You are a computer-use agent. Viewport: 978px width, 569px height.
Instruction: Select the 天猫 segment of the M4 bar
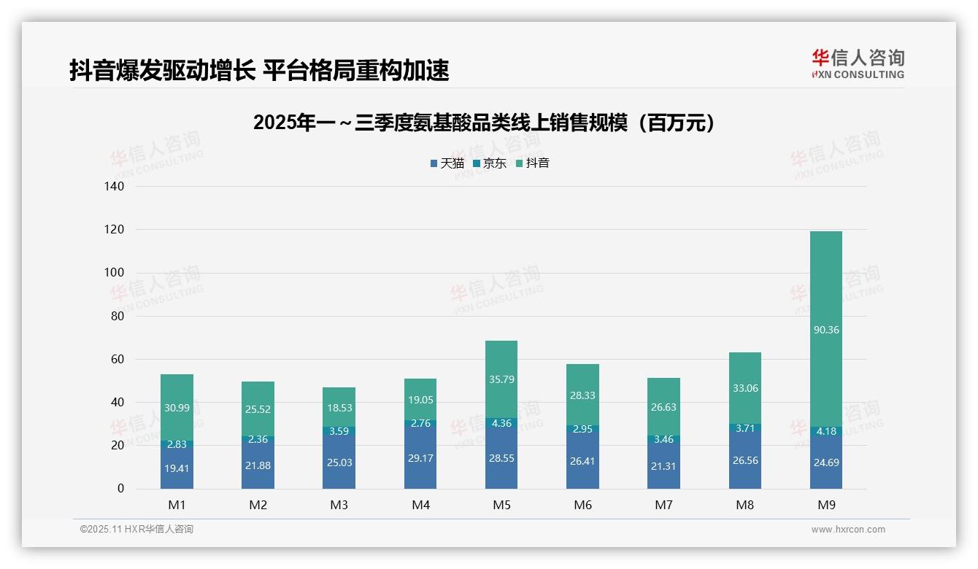point(420,456)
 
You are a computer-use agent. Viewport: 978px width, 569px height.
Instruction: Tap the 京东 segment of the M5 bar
point(501,423)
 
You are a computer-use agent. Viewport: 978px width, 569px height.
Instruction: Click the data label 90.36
point(825,330)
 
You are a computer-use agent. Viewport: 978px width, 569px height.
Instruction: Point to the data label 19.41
point(177,469)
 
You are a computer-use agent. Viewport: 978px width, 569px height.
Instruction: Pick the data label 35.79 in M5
point(501,379)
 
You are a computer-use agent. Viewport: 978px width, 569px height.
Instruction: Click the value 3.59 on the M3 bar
point(339,431)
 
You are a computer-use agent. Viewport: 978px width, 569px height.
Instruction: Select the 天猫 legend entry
point(447,163)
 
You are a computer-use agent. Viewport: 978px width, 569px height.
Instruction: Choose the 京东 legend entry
point(489,163)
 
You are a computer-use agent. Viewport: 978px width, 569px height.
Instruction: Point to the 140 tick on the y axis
point(115,187)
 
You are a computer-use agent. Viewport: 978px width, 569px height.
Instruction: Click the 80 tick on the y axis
point(118,317)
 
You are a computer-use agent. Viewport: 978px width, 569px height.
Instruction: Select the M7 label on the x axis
point(663,505)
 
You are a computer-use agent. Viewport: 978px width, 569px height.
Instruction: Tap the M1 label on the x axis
point(177,505)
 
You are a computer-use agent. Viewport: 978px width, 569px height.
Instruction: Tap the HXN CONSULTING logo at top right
point(858,64)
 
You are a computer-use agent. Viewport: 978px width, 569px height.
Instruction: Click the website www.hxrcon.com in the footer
point(848,530)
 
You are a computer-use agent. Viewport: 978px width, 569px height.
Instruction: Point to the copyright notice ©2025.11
point(136,530)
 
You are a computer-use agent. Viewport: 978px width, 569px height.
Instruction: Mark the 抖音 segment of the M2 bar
point(258,409)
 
